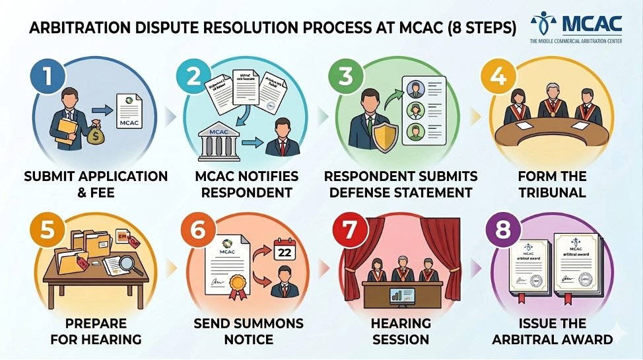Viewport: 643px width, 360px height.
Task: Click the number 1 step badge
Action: (x=46, y=76)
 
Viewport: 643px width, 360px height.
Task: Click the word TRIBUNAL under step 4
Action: (x=552, y=193)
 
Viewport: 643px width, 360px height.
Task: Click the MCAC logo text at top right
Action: (x=592, y=24)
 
